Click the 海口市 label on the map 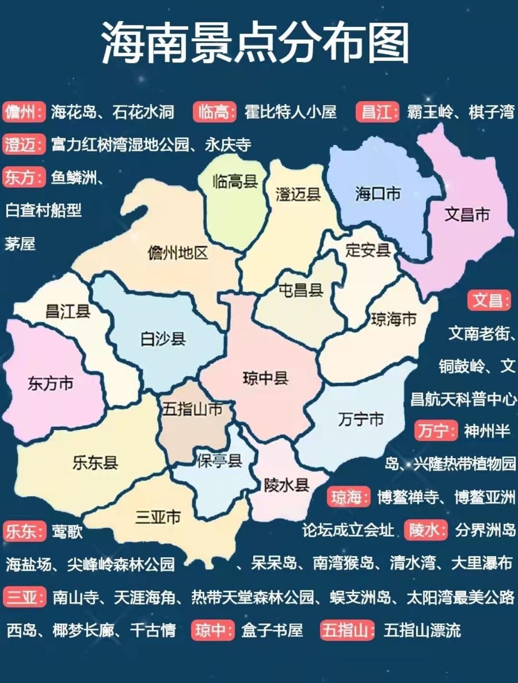coord(378,194)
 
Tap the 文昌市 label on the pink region coord(467,214)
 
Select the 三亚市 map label coord(158,517)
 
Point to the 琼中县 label coord(265,378)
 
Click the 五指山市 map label coord(192,409)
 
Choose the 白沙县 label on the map coord(163,339)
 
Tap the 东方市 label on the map coord(50,383)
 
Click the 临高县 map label coord(235,181)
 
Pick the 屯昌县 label coord(301,290)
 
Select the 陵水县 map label coord(286,485)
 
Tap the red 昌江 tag coord(377,112)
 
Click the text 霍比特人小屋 coord(291,112)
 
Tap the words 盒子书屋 coord(272,630)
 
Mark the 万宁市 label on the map coord(361,419)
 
